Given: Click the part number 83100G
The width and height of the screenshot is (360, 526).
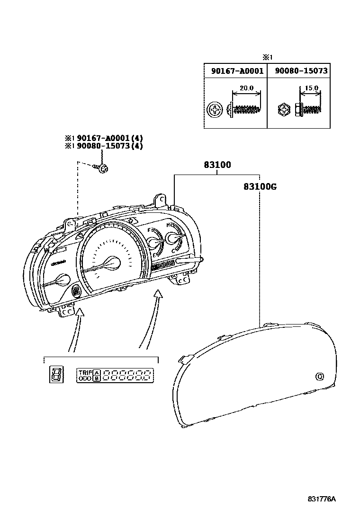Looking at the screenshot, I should coord(260,186).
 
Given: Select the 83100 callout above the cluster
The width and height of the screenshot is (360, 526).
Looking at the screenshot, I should coord(217,165).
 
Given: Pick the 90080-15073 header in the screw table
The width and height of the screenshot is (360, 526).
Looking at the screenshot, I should coord(299,71).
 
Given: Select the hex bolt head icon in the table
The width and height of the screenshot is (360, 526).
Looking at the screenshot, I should coord(283,111).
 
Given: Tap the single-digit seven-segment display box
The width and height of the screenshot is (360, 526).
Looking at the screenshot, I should coord(56,375).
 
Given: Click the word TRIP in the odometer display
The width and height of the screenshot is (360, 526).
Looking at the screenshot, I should coord(85,372).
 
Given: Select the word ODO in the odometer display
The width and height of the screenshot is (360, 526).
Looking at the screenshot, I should coord(85,378).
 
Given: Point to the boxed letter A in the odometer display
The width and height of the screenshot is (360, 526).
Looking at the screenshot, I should coord(97,372).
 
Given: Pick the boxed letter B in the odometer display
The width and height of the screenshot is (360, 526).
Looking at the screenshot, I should coord(97,378).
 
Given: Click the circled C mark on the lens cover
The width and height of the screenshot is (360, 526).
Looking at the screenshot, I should coord(319,377).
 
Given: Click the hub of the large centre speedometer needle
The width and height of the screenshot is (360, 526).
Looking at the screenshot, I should coord(114,262).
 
